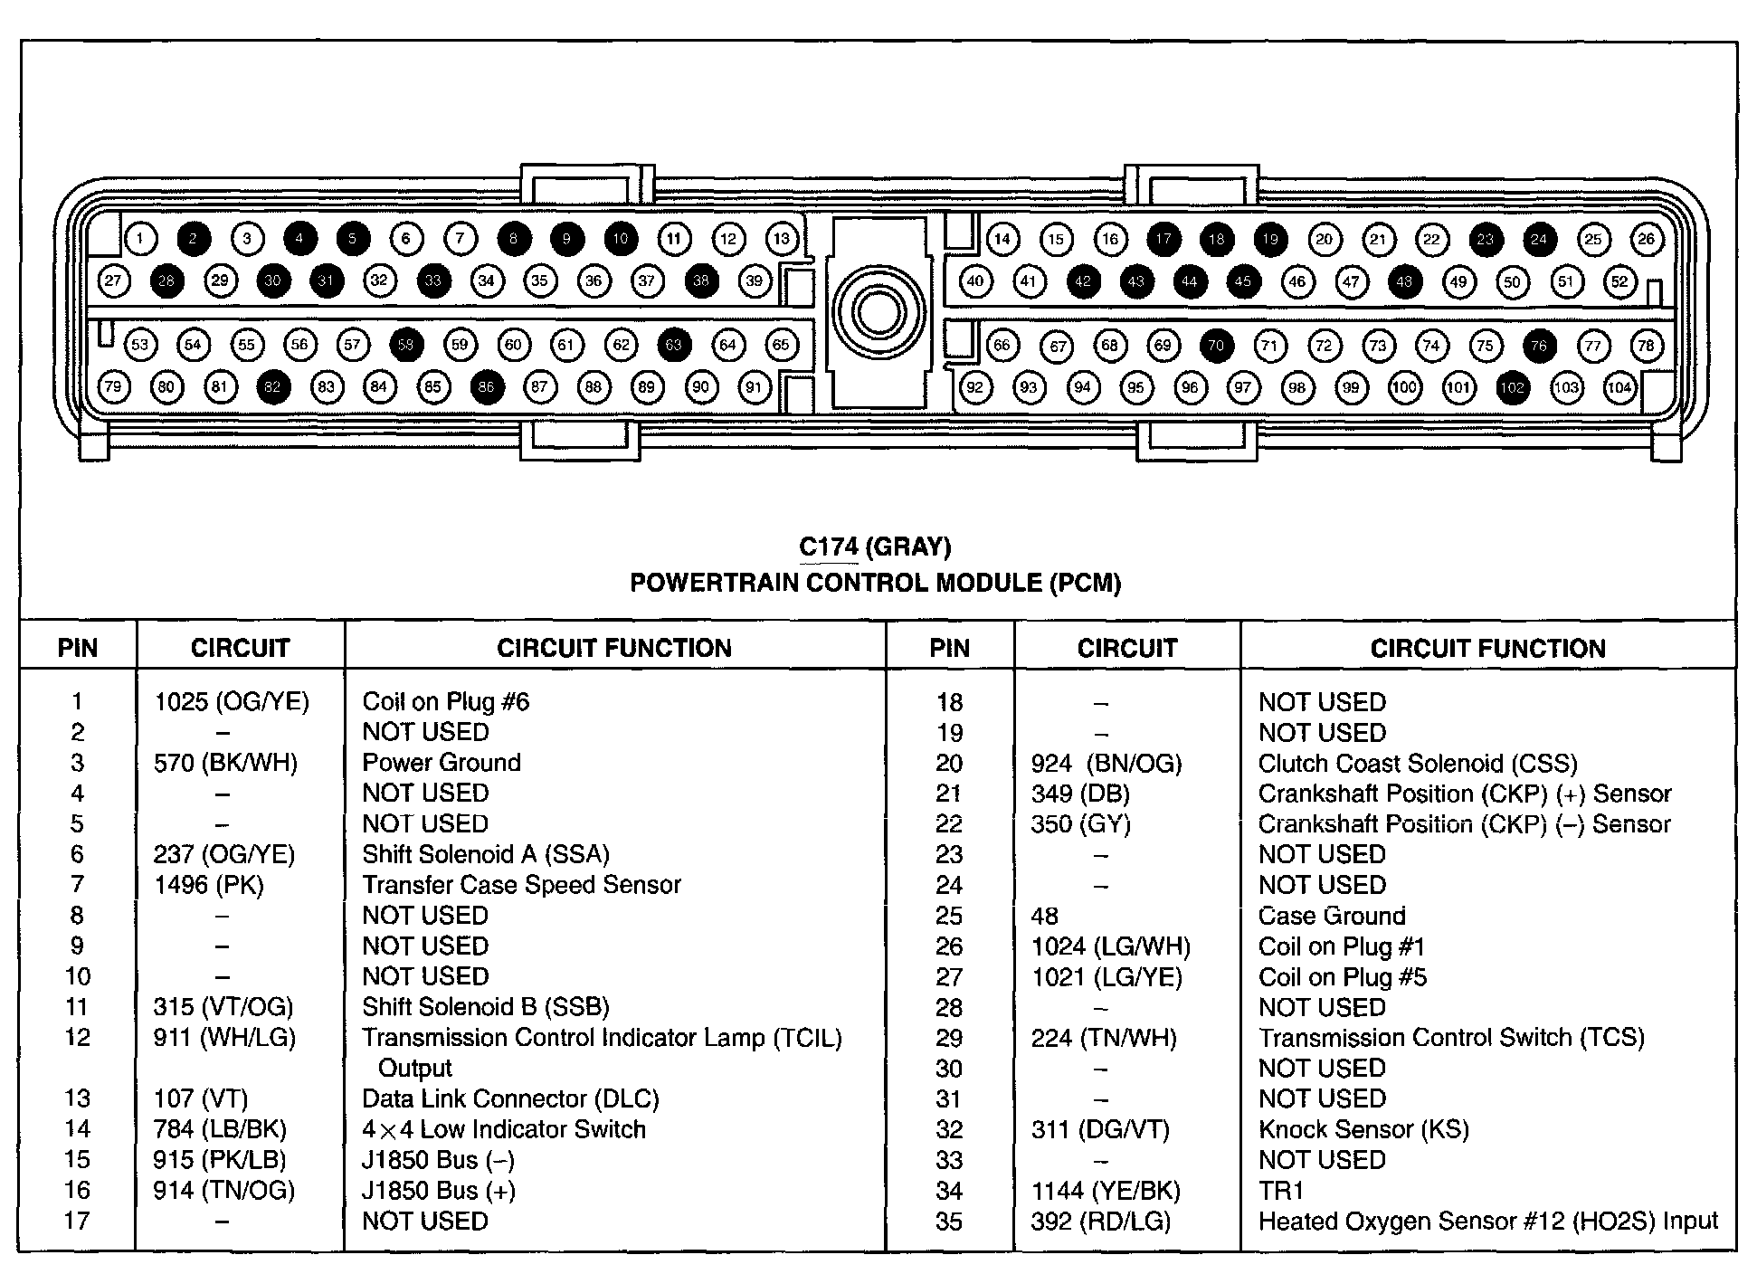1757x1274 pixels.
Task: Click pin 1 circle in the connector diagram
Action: coord(140,239)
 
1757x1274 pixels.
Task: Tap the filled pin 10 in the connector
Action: coord(621,239)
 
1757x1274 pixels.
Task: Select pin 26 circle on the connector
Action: coord(1646,239)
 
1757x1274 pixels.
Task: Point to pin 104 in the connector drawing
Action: coord(1619,388)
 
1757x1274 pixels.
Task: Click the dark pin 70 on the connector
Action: coord(1216,345)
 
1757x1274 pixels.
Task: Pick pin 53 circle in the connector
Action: coord(139,345)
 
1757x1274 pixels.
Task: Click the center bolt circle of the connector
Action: coord(877,313)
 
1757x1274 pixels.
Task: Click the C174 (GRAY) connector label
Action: coord(875,547)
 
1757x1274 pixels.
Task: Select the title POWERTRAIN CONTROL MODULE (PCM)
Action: coord(875,583)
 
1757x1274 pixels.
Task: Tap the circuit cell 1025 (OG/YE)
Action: coord(232,701)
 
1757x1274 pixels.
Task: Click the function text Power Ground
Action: coord(442,762)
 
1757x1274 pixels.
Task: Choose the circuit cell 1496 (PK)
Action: coord(209,884)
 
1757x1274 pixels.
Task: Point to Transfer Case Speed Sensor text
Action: coord(521,884)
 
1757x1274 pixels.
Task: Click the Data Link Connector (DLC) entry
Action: coord(510,1098)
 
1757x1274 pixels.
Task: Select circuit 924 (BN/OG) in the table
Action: coord(1106,764)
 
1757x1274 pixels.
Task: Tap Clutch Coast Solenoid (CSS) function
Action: coord(1418,764)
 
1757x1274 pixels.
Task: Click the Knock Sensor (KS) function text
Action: coord(1363,1129)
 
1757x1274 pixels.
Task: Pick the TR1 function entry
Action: coord(1281,1191)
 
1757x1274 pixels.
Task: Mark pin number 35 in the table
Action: coord(949,1222)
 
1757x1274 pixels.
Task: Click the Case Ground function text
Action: coord(1332,916)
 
